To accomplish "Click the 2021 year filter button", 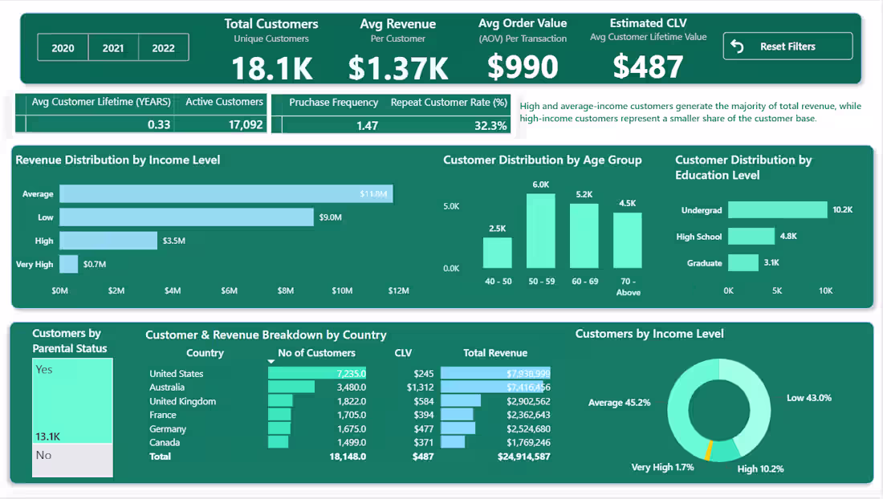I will [x=113, y=48].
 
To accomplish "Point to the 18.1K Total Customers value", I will [x=272, y=68].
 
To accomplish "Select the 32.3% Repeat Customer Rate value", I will [x=490, y=125].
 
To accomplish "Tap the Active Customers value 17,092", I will [x=241, y=125].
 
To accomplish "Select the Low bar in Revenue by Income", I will [x=186, y=217].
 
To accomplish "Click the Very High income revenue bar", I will [x=69, y=264].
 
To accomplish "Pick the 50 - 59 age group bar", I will [x=540, y=231].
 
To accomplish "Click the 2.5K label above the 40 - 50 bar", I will [x=497, y=229].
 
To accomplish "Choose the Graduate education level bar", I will [x=743, y=263].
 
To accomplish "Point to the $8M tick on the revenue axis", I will [x=286, y=290].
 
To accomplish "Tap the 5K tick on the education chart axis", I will [x=776, y=290].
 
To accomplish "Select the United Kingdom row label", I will [x=182, y=401].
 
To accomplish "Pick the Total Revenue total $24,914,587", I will [x=517, y=456].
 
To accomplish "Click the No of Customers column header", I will [x=316, y=353].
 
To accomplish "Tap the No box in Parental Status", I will [x=72, y=460].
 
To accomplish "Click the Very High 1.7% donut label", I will [x=662, y=467].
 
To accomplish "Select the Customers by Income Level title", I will [x=649, y=334].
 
